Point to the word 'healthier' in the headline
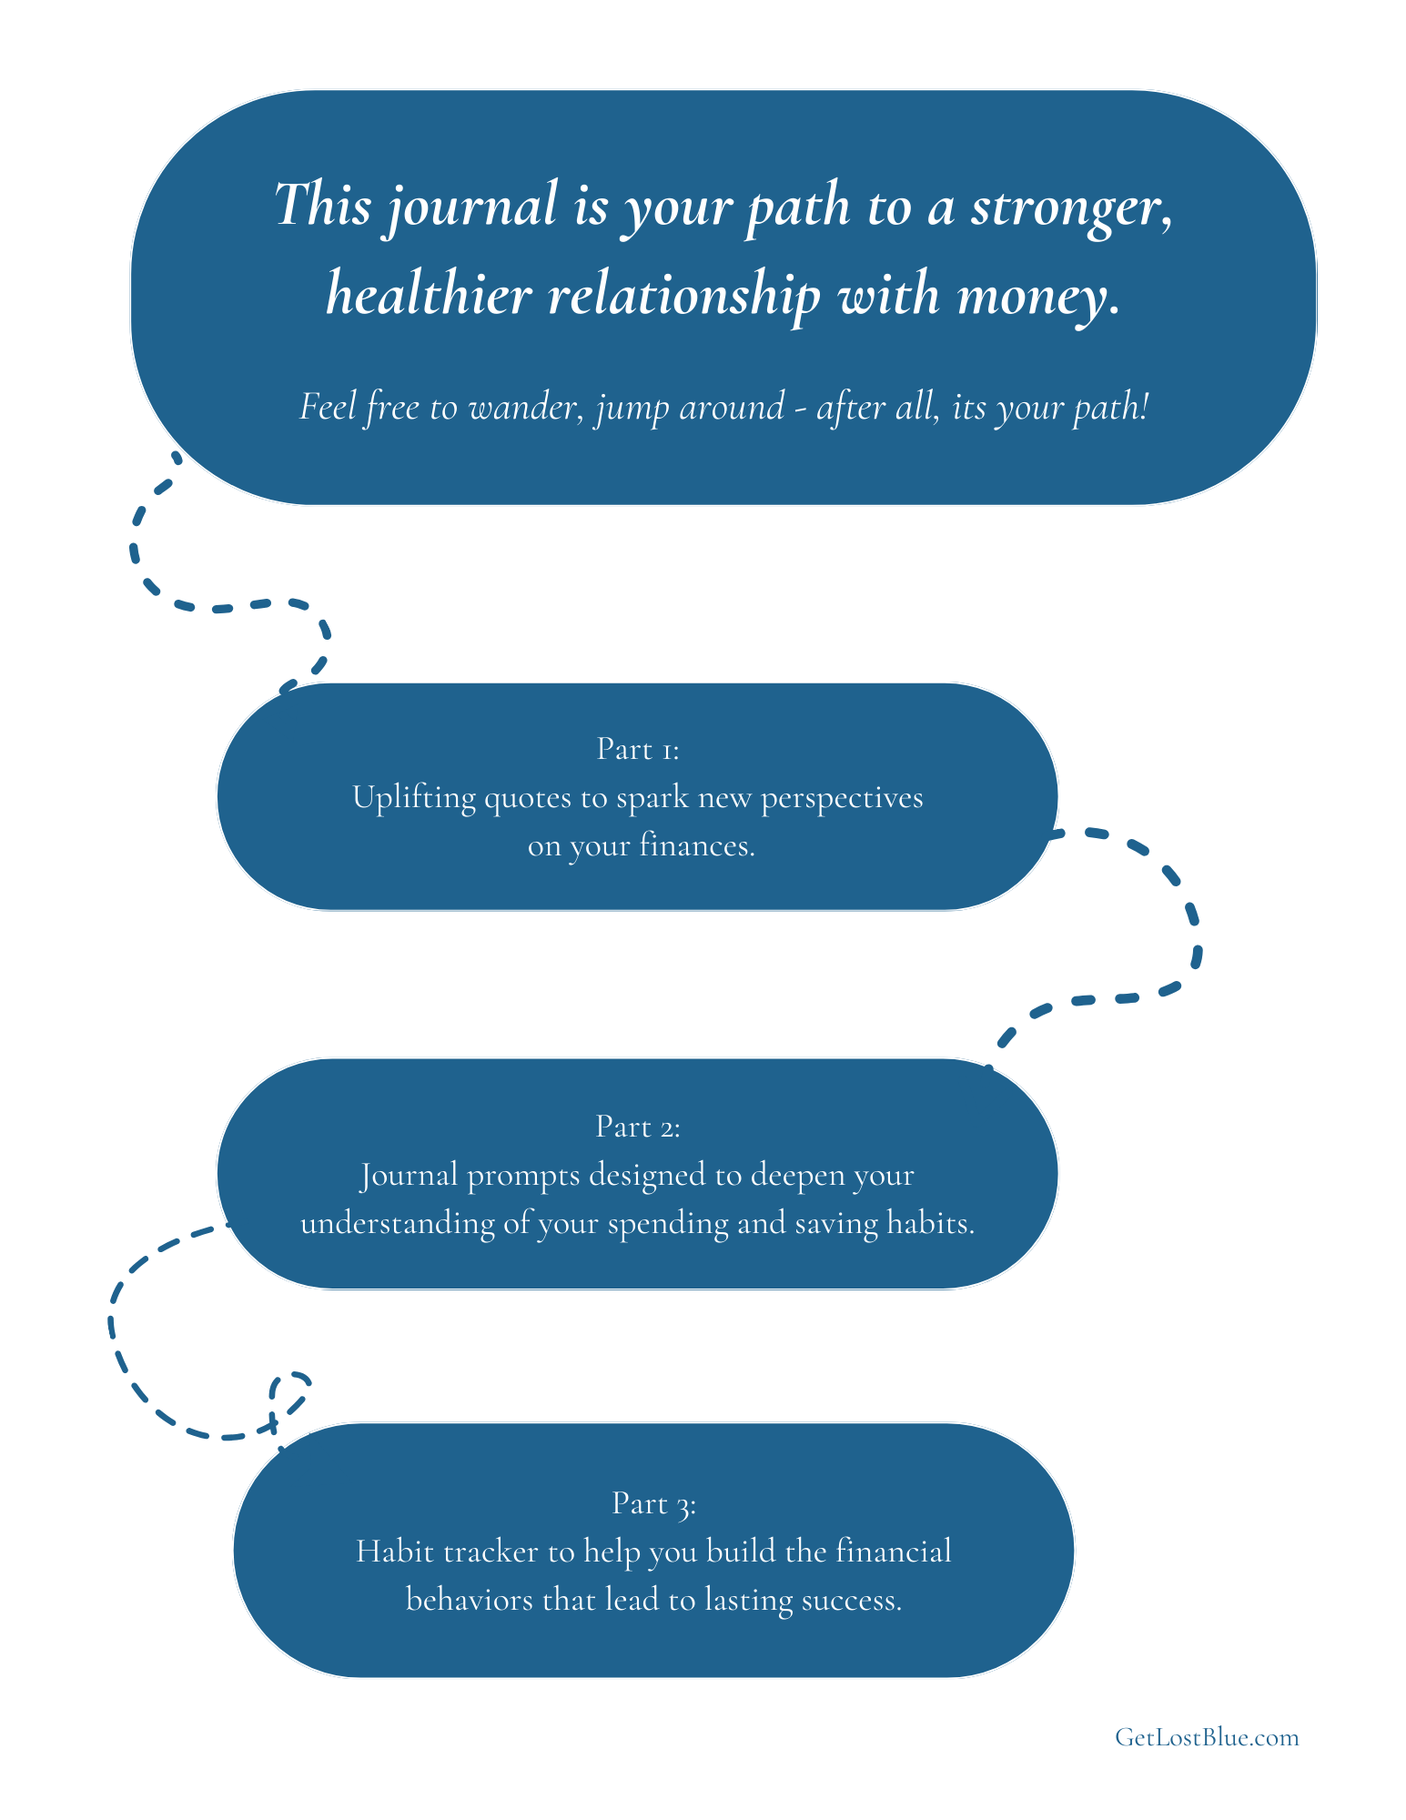[429, 295]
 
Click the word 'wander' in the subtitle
[524, 407]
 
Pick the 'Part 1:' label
[638, 749]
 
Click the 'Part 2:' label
[638, 1127]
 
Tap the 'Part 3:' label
[654, 1503]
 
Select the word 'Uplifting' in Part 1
[414, 798]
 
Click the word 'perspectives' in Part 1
[842, 799]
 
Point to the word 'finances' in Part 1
[697, 846]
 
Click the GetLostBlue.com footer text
[1207, 1737]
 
